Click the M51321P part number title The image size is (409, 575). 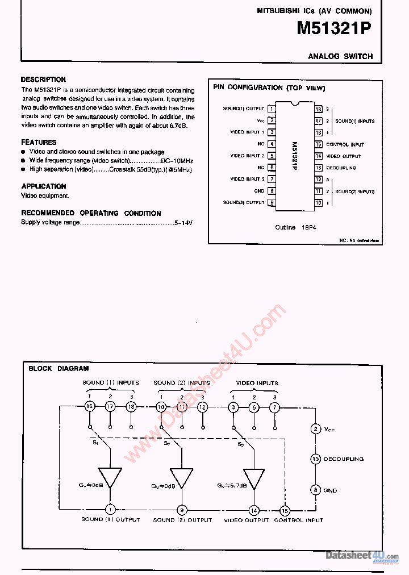pos(334,30)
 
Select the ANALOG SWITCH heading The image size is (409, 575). pos(340,56)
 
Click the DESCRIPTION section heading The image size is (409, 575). pos(43,80)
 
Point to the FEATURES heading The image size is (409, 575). pos(39,143)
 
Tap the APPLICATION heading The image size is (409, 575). pos(44,186)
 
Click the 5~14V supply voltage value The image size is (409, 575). pos(183,223)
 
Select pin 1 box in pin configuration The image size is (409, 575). pos(272,109)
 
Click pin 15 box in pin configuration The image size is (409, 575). pos(319,144)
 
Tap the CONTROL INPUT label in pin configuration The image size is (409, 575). pos(345,144)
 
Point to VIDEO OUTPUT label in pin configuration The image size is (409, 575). pos(344,156)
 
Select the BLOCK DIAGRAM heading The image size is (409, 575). pos(59,368)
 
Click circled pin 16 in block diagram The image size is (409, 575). pos(89,406)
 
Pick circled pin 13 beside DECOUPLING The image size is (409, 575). pos(315,459)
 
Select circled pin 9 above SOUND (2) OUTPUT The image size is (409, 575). pos(182,510)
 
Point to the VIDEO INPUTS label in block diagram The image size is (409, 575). pos(257,383)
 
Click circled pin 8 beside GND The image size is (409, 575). pos(315,490)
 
